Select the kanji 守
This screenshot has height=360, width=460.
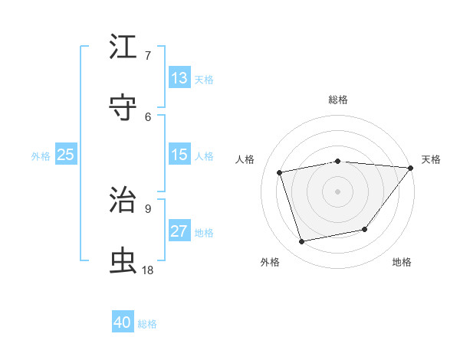pyautogui.click(x=123, y=108)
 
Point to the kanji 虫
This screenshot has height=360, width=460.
pyautogui.click(x=123, y=261)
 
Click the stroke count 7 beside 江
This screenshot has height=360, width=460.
pyautogui.click(x=148, y=55)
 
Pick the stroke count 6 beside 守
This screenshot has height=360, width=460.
pyautogui.click(x=148, y=116)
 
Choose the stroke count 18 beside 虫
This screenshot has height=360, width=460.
pyautogui.click(x=148, y=270)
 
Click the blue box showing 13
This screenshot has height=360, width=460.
pyautogui.click(x=179, y=78)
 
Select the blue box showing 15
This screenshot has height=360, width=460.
pyautogui.click(x=179, y=155)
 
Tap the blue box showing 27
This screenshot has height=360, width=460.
pyautogui.click(x=179, y=231)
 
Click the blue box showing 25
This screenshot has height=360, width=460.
pyautogui.click(x=65, y=155)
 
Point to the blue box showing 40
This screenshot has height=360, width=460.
pyautogui.click(x=123, y=322)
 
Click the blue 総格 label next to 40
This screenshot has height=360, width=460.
pyautogui.click(x=147, y=324)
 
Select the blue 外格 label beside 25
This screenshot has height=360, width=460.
pyautogui.click(x=41, y=156)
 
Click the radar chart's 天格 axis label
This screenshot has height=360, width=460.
pyautogui.click(x=431, y=159)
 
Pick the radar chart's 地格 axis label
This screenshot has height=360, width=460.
pyautogui.click(x=402, y=262)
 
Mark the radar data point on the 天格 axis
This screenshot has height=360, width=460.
pyautogui.click(x=410, y=168)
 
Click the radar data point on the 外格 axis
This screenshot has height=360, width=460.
pyautogui.click(x=302, y=241)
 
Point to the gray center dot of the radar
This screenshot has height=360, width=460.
pyautogui.click(x=337, y=191)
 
